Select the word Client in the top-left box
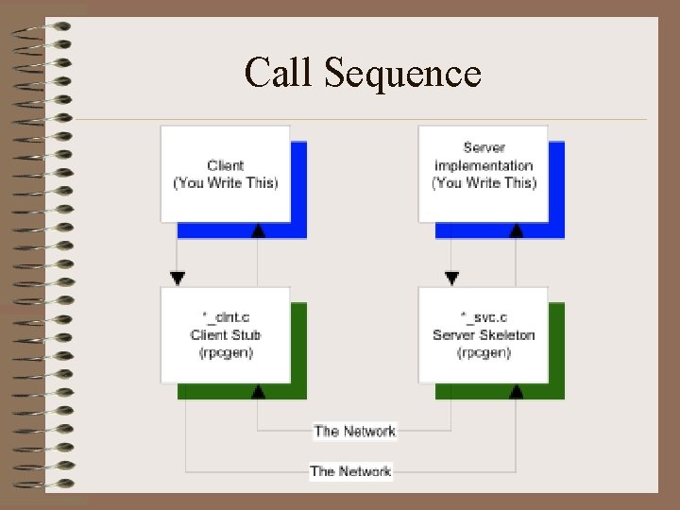click(x=226, y=166)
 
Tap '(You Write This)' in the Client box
click(x=226, y=182)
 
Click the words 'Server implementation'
click(x=484, y=157)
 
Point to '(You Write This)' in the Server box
click(x=484, y=182)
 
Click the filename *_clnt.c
click(x=226, y=318)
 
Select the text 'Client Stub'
click(x=226, y=334)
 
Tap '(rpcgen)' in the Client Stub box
click(x=226, y=351)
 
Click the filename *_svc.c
click(x=484, y=318)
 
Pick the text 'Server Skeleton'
click(x=484, y=334)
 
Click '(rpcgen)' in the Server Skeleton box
click(x=484, y=351)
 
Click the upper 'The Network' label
click(x=355, y=431)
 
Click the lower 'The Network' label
click(x=350, y=470)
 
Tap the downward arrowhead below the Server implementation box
click(x=451, y=279)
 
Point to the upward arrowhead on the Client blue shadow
click(x=259, y=229)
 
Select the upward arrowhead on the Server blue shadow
click(x=516, y=229)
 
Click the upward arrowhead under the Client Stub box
click(x=259, y=390)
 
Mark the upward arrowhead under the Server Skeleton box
click(x=517, y=390)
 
